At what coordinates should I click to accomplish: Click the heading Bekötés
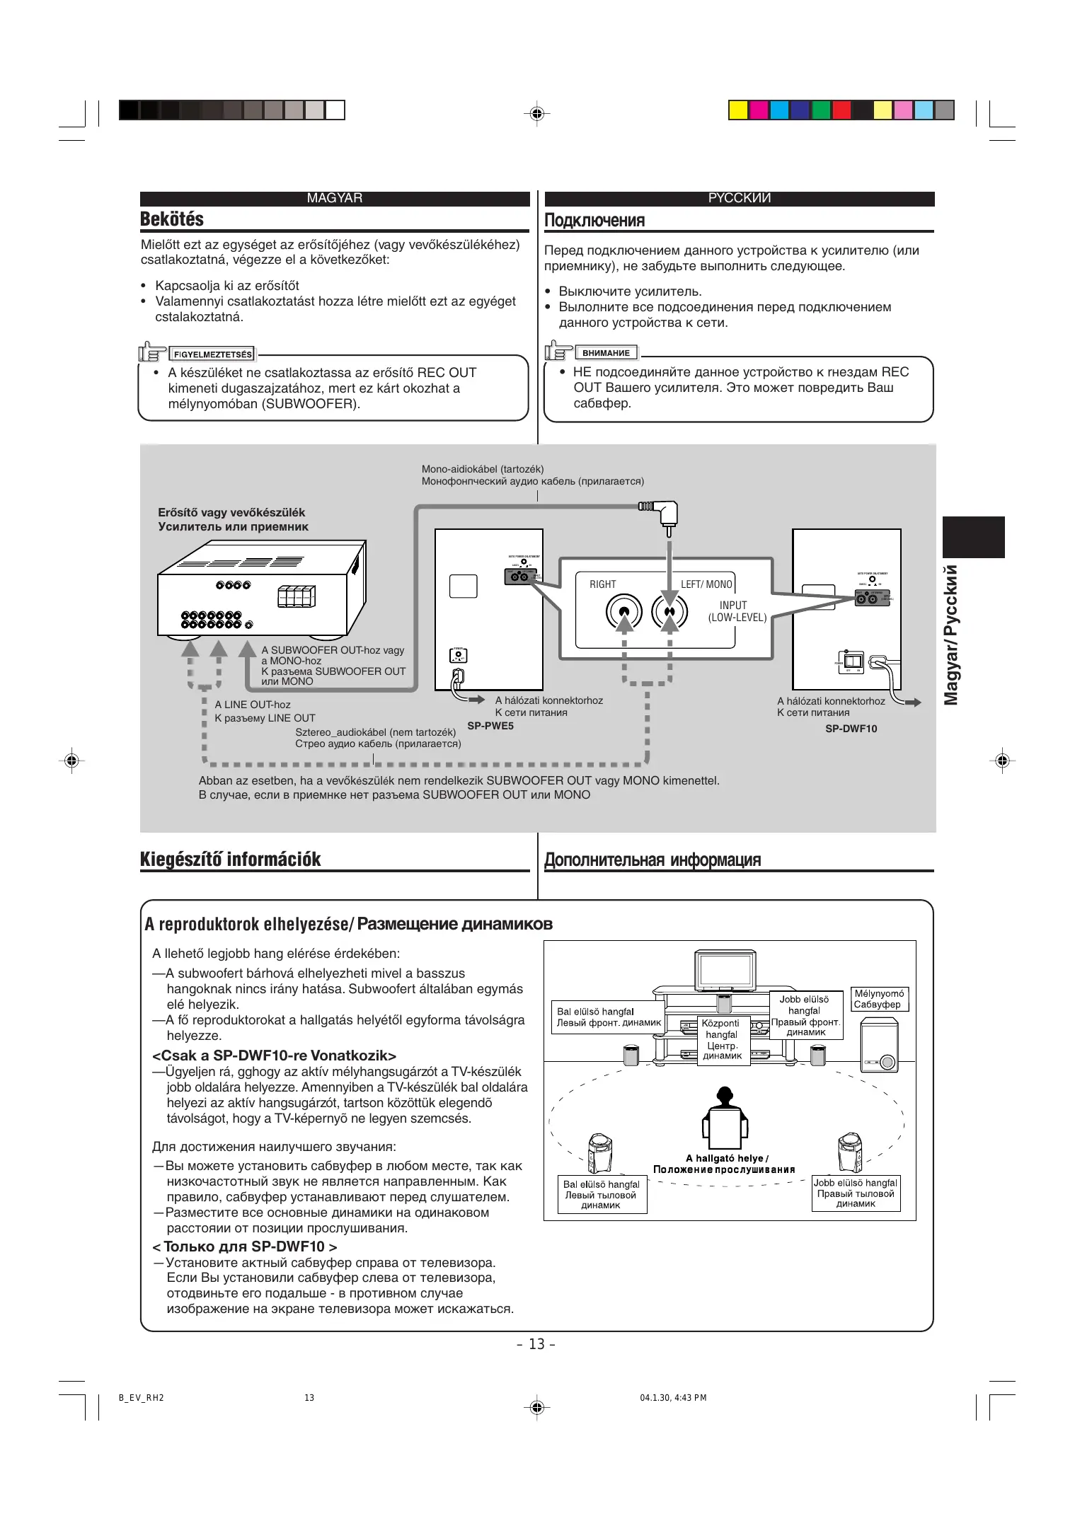172,219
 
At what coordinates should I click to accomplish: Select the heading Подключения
594,221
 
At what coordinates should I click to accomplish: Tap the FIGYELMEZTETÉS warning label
212,354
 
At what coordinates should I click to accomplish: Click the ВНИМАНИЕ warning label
607,353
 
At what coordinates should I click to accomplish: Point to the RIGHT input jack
623,612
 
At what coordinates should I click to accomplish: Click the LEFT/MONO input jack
669,612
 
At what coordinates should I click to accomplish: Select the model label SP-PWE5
490,726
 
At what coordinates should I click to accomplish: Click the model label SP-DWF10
851,729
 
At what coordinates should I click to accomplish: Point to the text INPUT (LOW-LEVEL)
737,611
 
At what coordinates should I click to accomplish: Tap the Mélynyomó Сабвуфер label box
878,999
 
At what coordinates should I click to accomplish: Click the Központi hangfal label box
722,1039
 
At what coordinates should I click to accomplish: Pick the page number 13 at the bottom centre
536,1344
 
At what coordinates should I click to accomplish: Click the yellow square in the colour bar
738,110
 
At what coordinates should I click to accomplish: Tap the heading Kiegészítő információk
230,860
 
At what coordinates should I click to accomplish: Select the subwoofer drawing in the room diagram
880,1045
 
